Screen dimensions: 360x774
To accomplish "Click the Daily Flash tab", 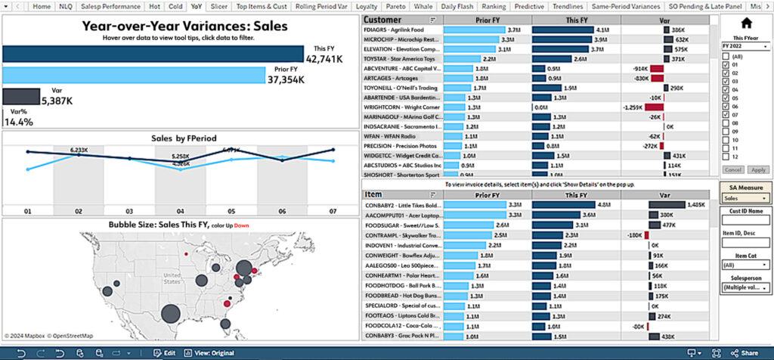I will (x=457, y=6).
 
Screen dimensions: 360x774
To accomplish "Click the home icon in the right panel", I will (x=745, y=23).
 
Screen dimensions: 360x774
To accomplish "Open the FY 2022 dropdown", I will (x=745, y=46).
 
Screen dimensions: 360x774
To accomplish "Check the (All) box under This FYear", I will (x=726, y=56).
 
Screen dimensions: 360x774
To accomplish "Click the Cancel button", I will (x=732, y=169).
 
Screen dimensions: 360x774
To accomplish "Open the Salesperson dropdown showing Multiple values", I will (x=745, y=288).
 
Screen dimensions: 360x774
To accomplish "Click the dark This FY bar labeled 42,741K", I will (x=151, y=53).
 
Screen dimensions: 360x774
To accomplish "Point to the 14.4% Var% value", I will (x=18, y=122).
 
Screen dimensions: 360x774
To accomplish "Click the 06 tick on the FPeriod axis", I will (x=281, y=211).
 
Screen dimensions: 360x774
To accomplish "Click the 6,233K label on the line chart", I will (x=79, y=150).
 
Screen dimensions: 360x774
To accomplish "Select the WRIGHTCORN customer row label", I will (x=401, y=107).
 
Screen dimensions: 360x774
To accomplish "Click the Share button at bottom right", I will (x=745, y=352).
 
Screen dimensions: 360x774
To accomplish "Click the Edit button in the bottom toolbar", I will (x=165, y=352).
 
